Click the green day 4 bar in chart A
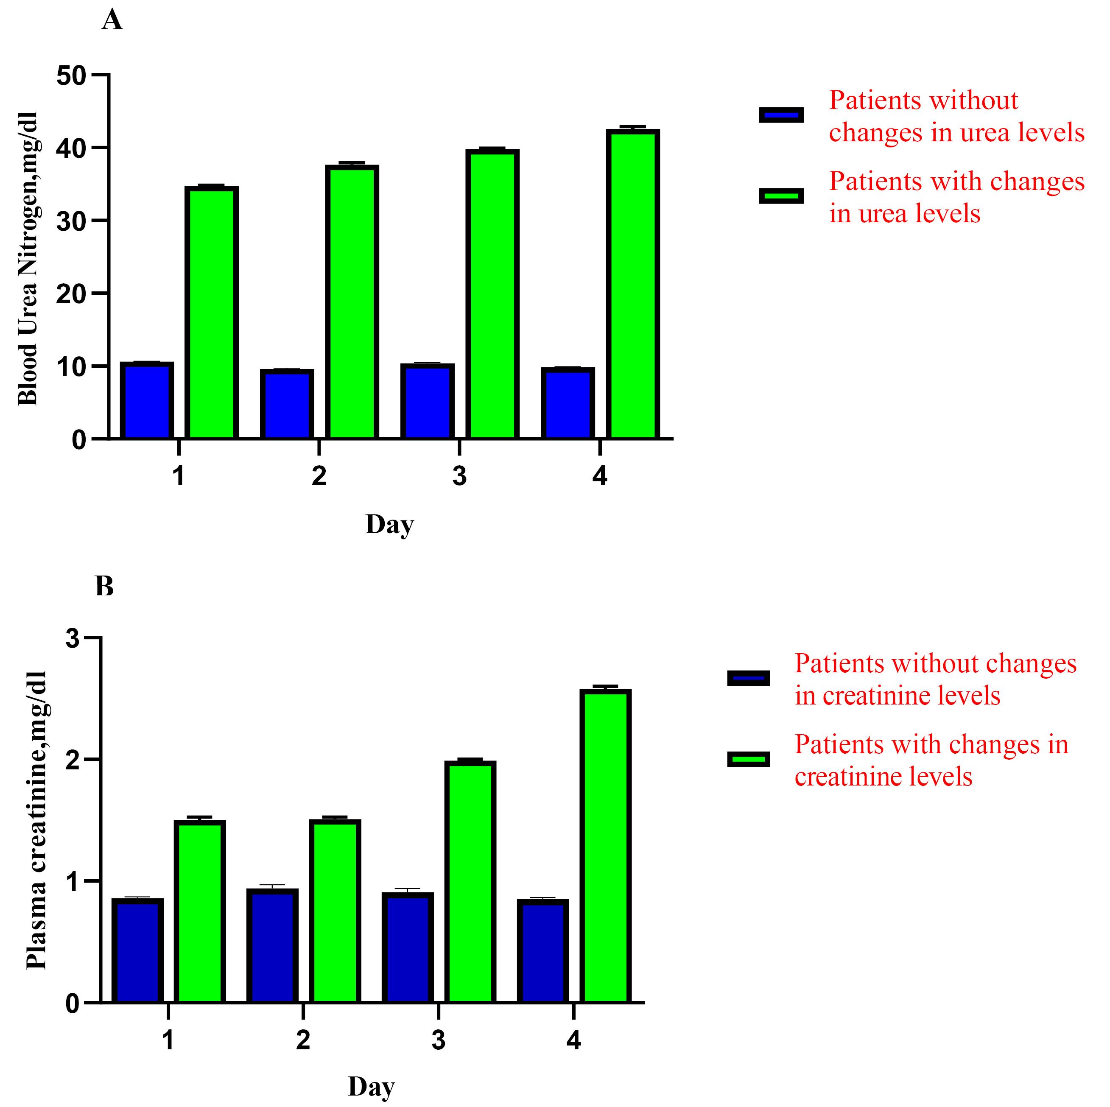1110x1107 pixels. (632, 284)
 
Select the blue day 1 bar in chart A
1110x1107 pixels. (147, 401)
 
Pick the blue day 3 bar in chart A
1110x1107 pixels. (428, 402)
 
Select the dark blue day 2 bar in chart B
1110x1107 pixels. (272, 946)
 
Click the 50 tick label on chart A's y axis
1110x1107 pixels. (71, 75)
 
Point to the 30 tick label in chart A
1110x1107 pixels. (71, 221)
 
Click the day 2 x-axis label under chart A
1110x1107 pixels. (319, 476)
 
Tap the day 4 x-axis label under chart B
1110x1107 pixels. (573, 1040)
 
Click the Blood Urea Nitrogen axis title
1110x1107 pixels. (28, 258)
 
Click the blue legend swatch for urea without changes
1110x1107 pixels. (781, 115)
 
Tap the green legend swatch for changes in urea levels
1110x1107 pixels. (781, 196)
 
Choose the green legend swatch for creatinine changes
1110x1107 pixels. (748, 759)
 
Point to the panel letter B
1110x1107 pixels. (105, 587)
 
